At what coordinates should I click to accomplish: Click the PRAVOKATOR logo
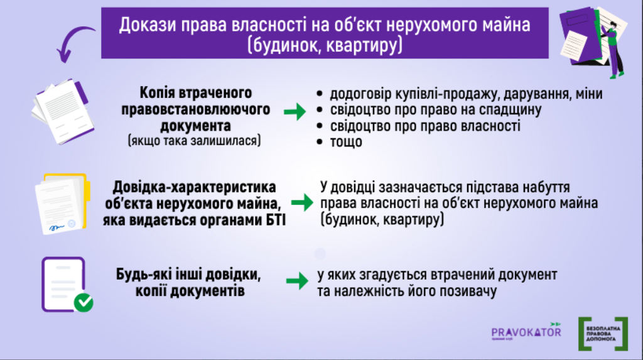click(526, 332)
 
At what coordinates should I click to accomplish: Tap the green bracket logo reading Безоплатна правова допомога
click(603, 334)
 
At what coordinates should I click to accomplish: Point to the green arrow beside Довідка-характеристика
click(303, 202)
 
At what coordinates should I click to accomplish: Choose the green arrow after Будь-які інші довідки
click(294, 280)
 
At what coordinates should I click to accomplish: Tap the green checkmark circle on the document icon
click(83, 303)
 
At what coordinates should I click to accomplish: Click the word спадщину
click(510, 110)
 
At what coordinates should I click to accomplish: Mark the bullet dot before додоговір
click(320, 94)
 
